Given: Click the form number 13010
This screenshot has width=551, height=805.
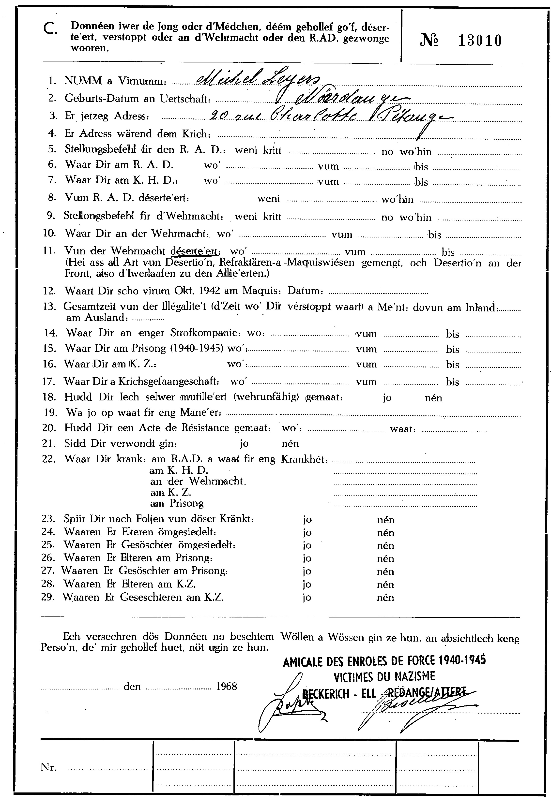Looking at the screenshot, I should [480, 41].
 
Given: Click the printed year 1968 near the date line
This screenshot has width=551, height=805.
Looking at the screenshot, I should [226, 686].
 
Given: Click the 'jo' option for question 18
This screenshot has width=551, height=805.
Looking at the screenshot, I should [387, 398].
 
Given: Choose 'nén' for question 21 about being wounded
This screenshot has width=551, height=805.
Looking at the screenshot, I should [291, 444].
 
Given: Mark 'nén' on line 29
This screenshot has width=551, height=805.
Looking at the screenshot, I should [385, 598].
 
